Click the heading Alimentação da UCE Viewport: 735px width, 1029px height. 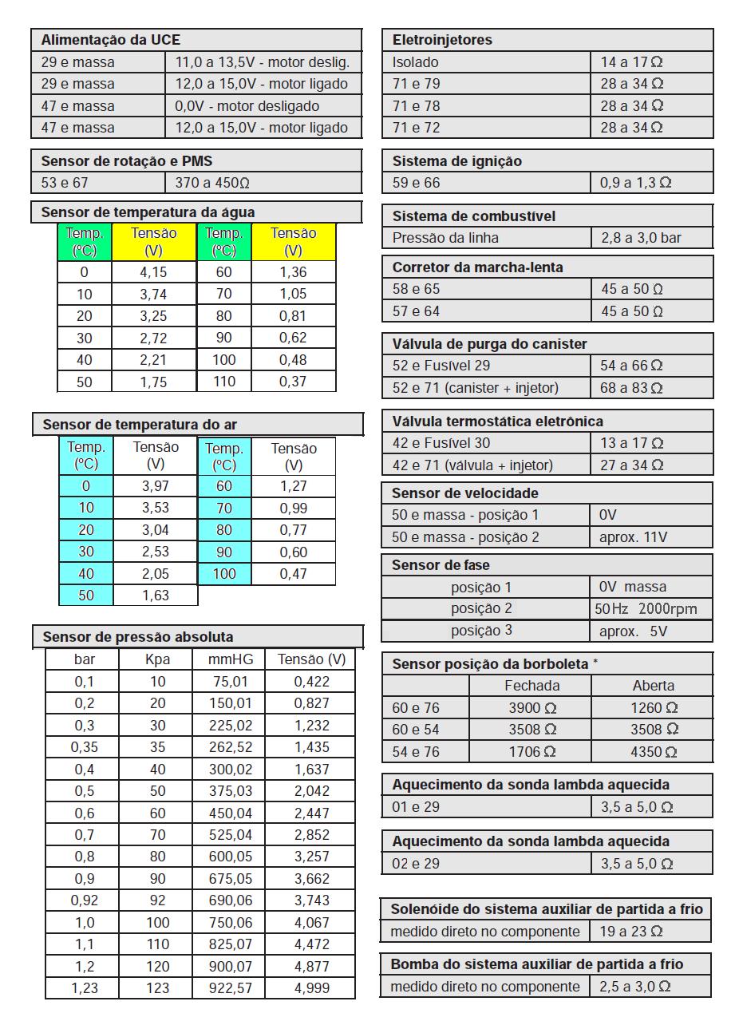pyautogui.click(x=110, y=40)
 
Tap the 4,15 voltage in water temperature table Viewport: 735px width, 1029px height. pyautogui.click(x=153, y=272)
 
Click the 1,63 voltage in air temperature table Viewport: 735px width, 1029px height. pyautogui.click(x=155, y=595)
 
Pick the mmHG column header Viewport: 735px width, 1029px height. pyautogui.click(x=228, y=659)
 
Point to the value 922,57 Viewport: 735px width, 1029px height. pyautogui.click(x=228, y=987)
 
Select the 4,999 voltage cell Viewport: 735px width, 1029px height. pyautogui.click(x=311, y=987)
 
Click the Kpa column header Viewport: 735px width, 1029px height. pyautogui.click(x=157, y=659)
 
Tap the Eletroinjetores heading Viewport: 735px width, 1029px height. pyautogui.click(x=442, y=40)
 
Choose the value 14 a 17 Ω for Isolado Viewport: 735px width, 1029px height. pyautogui.click(x=631, y=61)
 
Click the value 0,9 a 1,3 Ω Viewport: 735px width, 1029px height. pyautogui.click(x=635, y=183)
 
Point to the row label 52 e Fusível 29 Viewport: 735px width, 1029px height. pyautogui.click(x=441, y=366)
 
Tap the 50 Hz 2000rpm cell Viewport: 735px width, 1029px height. pyautogui.click(x=646, y=609)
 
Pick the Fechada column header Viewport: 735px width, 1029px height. pyautogui.click(x=531, y=686)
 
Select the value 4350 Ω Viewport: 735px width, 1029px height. pyautogui.click(x=654, y=751)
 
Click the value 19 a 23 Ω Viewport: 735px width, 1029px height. pyautogui.click(x=631, y=931)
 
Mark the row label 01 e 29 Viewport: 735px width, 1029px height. pyautogui.click(x=416, y=807)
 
